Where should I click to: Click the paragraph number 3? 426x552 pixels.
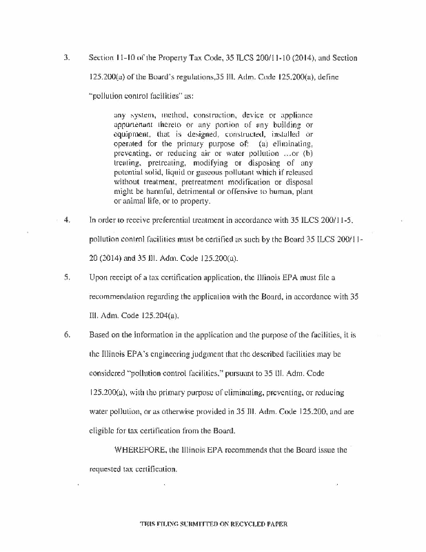(65, 57)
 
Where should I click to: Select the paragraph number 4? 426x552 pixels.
(66, 220)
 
